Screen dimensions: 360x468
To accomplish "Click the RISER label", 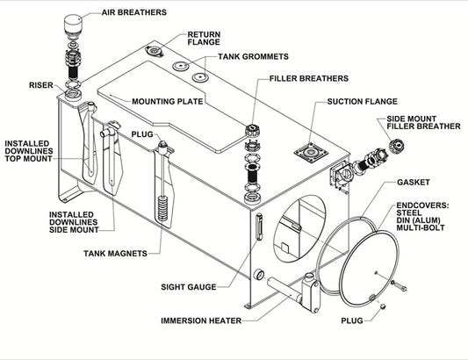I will (x=41, y=85).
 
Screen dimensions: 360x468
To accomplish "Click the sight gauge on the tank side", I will (x=259, y=231).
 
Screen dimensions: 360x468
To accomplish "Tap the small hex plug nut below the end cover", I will (x=384, y=306).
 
